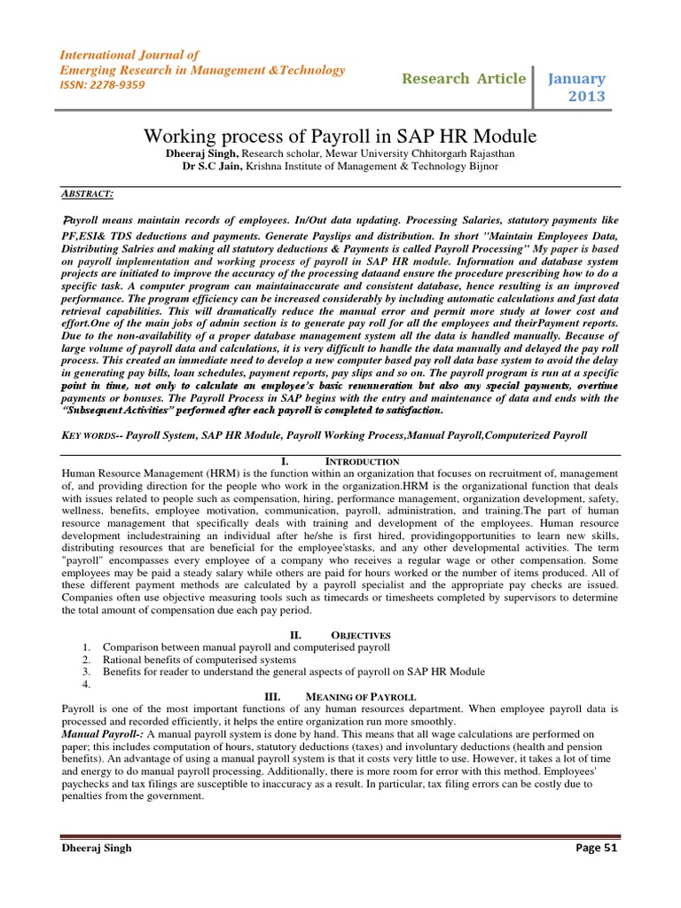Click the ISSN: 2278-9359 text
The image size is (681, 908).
click(101, 85)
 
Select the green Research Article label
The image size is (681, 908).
click(463, 79)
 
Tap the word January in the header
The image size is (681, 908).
click(575, 79)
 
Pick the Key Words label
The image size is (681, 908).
click(90, 435)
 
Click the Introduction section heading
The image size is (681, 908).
click(362, 462)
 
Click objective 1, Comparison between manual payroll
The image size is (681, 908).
click(246, 647)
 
